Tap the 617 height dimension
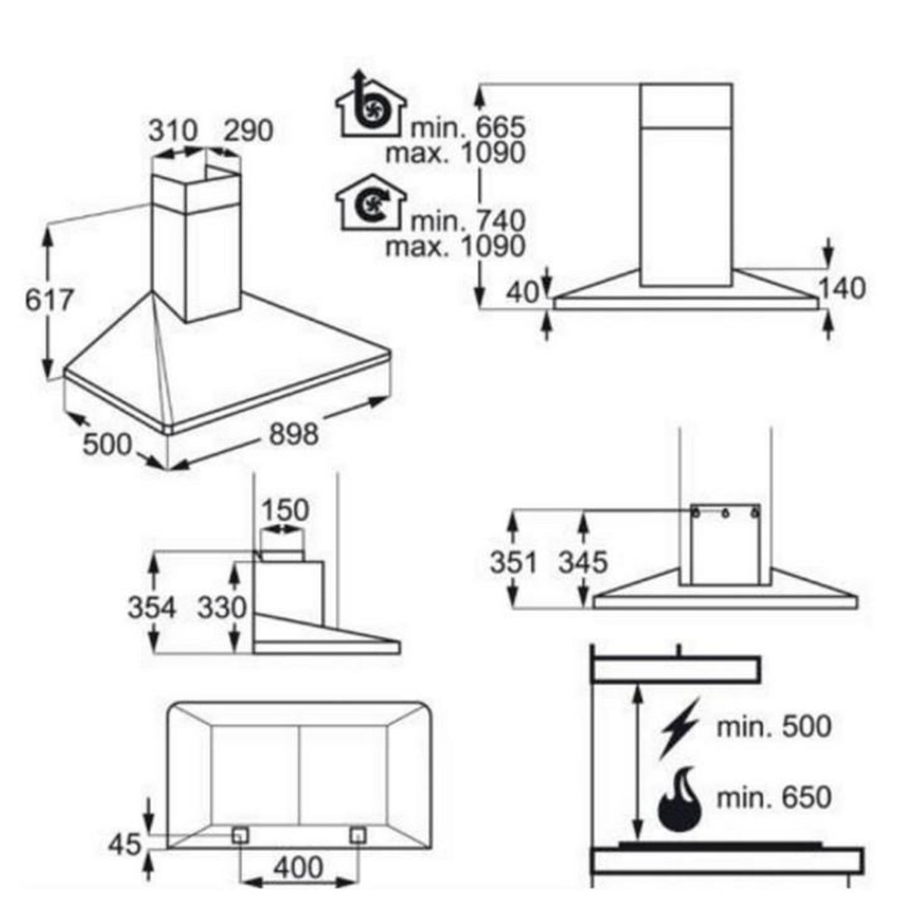tap(49, 300)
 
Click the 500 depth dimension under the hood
tap(107, 444)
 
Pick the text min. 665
tap(468, 127)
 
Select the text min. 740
tap(468, 221)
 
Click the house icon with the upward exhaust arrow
tap(371, 104)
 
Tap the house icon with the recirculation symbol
tap(371, 203)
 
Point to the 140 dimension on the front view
tap(842, 288)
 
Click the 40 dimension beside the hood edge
tap(522, 293)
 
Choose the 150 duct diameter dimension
tap(285, 510)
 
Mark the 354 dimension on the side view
tap(152, 607)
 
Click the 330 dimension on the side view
tap(221, 607)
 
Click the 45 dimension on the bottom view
tap(125, 844)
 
